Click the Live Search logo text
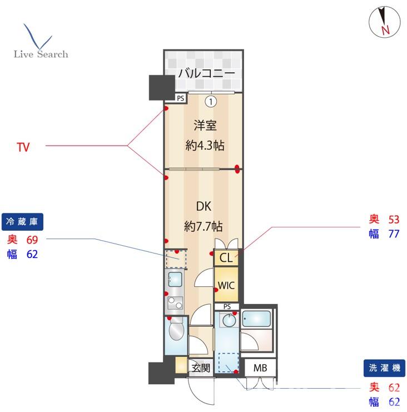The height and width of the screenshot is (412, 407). coord(41,54)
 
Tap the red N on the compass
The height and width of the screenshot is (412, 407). coord(385,30)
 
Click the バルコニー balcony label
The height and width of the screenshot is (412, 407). coord(206,73)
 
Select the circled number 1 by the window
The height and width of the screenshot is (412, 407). coord(211,101)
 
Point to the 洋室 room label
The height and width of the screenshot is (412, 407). coord(205,125)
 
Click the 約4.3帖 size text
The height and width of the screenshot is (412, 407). coord(205,145)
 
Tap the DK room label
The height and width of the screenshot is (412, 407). coord(203,206)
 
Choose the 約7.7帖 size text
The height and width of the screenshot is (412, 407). coord(203,226)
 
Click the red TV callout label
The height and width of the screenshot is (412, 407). coord(23,147)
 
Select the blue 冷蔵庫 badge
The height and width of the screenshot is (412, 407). coord(22,221)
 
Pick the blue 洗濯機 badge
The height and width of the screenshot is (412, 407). coord(384,368)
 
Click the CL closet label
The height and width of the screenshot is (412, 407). coord(226,257)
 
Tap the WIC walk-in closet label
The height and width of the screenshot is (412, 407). coord(226,285)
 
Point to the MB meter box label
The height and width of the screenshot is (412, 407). coord(260,368)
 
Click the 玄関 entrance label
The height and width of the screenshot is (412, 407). coord(201,368)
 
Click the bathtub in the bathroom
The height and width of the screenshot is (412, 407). coord(256,319)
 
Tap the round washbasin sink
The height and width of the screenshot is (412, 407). coord(229,320)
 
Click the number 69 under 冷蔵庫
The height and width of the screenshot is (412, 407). coord(32,240)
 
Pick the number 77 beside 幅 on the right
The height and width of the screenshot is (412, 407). coord(394,234)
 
